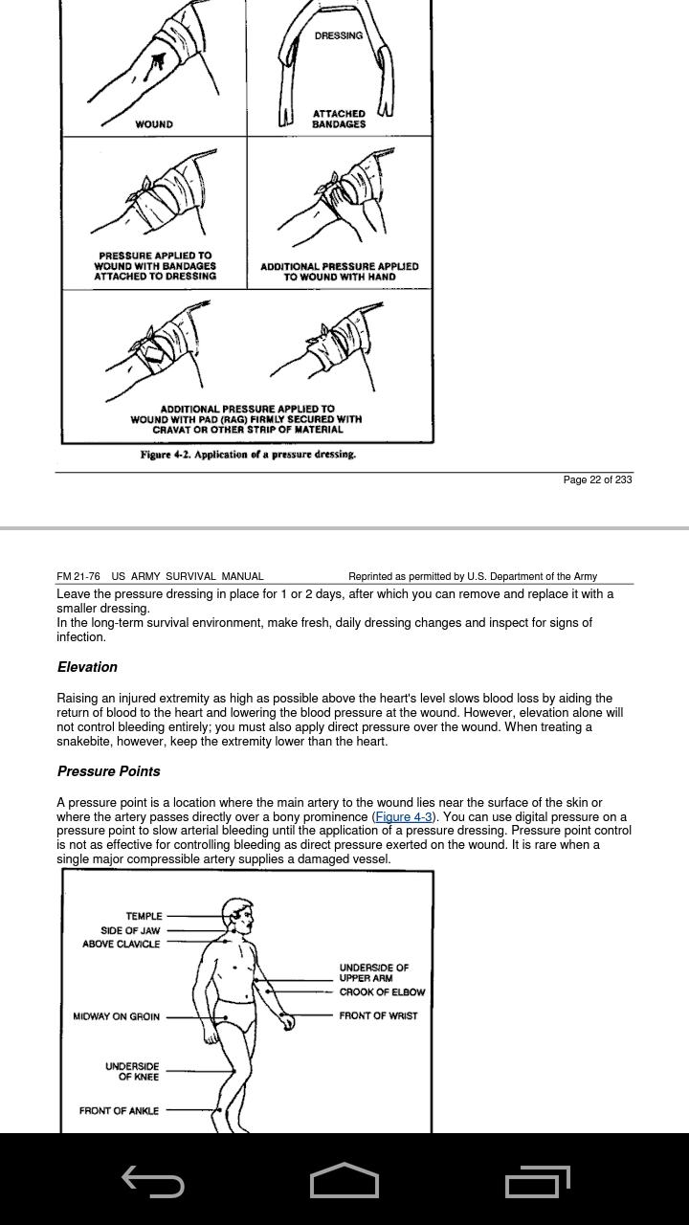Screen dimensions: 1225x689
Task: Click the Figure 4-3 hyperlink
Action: click(403, 817)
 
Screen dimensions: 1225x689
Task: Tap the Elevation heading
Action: click(87, 667)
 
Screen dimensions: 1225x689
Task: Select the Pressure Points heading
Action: click(108, 771)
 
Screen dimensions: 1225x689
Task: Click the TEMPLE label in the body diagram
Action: click(144, 916)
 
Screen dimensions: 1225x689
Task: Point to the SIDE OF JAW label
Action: click(130, 930)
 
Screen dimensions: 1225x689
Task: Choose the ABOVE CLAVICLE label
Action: click(121, 944)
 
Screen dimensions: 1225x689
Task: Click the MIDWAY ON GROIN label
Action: click(116, 1016)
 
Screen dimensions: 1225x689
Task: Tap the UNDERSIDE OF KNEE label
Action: click(132, 1072)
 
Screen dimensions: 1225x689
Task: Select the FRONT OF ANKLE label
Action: click(119, 1111)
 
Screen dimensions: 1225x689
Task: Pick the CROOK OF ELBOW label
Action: click(382, 992)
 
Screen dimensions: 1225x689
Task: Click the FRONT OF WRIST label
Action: click(378, 1015)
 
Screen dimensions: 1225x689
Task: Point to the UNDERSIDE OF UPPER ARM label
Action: click(373, 973)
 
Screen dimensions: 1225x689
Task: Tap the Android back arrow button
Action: click(153, 1183)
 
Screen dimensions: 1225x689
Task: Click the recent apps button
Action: click(537, 1182)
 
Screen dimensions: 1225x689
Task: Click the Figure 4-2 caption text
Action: click(248, 455)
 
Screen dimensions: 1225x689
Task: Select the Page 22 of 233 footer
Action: click(597, 479)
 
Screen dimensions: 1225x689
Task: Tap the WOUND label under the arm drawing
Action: click(154, 124)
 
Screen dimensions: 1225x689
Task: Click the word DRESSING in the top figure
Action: click(339, 35)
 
